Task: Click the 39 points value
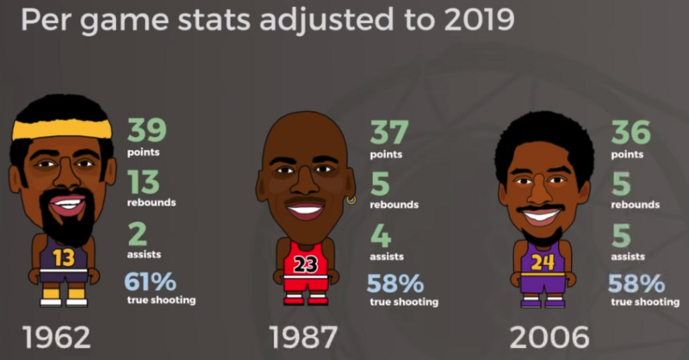[148, 131]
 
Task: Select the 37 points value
[389, 131]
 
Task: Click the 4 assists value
[381, 233]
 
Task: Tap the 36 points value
[630, 131]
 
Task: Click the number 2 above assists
[137, 233]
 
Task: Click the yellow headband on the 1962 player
[62, 130]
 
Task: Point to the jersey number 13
[63, 257]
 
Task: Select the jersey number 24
[543, 262]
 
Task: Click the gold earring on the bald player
[351, 201]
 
